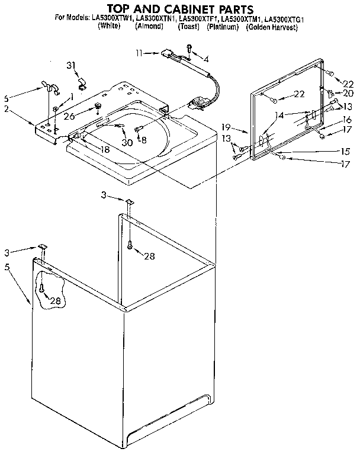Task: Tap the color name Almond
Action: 149,27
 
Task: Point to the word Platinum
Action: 219,27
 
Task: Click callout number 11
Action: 139,53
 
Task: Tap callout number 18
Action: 105,150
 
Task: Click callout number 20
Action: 348,93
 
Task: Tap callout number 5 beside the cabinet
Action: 7,267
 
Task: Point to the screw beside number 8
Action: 137,129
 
